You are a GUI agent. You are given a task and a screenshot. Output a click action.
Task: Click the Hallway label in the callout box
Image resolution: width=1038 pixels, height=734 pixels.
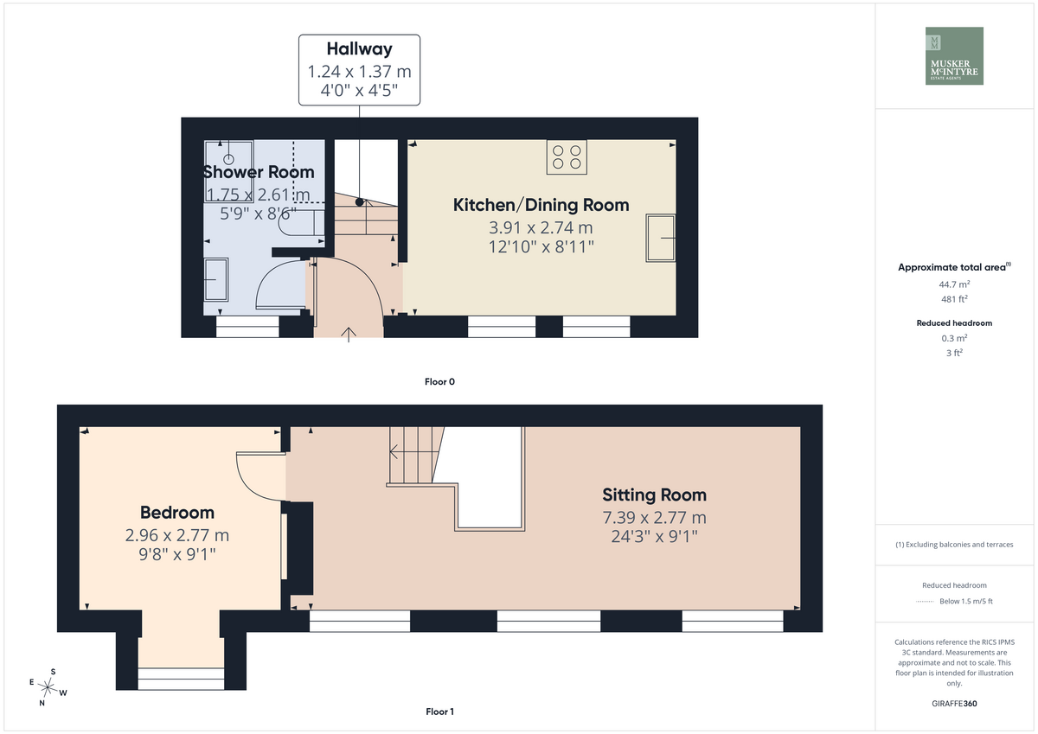coord(359,48)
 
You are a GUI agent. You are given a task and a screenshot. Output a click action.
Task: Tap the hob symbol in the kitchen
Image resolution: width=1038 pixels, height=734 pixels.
coord(567,157)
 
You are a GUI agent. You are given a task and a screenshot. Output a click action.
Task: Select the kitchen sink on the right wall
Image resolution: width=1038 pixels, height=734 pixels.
coord(660,238)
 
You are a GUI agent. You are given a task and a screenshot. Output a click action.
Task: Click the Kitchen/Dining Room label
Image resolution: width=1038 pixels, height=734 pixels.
coord(541,205)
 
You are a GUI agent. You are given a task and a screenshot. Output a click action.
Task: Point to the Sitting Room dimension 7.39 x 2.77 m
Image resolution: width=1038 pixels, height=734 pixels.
coord(654,517)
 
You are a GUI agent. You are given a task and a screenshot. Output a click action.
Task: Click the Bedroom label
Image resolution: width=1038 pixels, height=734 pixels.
coord(177,512)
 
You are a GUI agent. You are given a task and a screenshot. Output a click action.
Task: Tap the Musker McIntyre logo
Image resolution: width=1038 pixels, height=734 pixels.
coord(954,55)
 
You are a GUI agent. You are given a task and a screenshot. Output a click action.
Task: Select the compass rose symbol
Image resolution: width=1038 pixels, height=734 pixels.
coord(48,687)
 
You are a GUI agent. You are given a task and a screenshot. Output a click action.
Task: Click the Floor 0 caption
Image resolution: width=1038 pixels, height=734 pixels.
coord(439,381)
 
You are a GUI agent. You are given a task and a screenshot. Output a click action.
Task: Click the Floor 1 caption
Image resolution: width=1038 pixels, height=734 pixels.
coord(439,712)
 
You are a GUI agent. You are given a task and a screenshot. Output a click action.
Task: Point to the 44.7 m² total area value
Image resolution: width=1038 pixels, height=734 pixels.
coord(954,284)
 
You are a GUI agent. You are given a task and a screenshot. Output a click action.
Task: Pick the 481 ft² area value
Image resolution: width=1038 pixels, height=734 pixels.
coord(954,299)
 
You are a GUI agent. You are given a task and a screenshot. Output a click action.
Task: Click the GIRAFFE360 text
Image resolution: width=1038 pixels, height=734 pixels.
coord(954,704)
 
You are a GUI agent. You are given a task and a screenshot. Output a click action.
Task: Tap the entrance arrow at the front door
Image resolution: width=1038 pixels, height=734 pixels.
coord(349,335)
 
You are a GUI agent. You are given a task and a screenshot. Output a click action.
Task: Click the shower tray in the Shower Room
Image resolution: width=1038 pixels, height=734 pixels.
coord(228,171)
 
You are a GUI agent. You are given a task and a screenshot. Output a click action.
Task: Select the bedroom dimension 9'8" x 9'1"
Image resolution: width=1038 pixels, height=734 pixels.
coord(177,554)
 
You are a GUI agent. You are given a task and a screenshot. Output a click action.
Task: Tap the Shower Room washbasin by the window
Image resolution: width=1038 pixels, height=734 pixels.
coord(216,280)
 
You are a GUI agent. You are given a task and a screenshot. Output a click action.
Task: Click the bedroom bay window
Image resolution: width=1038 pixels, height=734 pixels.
coord(181,679)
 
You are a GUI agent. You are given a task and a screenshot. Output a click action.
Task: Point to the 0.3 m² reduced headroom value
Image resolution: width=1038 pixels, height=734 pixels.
coord(954,338)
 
